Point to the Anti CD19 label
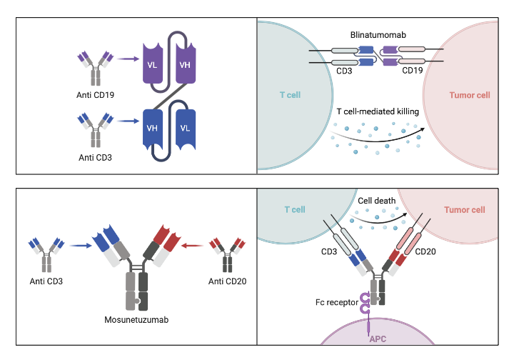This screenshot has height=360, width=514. [x=96, y=92]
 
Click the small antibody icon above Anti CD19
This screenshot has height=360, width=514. [x=96, y=66]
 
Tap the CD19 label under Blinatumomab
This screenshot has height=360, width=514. [x=413, y=71]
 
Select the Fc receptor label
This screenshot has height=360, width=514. [x=337, y=303]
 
